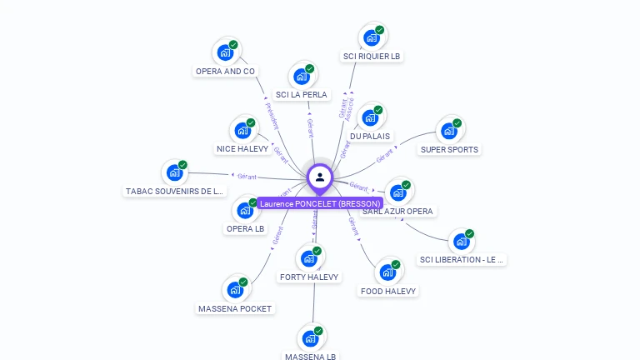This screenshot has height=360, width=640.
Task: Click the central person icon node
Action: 320,177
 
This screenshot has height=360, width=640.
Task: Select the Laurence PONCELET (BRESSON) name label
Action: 320,203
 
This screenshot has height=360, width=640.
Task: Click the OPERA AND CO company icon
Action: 225,52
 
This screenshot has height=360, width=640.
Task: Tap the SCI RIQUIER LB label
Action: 372,57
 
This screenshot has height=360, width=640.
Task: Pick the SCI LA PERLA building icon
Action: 302,76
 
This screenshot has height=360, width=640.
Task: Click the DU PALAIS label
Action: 370,136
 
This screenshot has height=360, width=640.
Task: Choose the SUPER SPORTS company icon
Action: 449,131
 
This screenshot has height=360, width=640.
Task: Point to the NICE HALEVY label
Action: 242,149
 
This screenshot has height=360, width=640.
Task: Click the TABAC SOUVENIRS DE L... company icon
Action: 174,172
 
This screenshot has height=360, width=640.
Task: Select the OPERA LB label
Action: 245,228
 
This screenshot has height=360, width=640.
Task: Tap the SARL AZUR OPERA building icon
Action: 398,192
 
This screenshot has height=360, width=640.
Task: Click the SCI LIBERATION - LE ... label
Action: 462,260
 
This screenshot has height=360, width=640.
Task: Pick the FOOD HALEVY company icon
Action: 387,272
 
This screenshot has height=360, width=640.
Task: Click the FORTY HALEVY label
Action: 309,277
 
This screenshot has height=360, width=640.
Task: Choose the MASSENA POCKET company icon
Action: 235,290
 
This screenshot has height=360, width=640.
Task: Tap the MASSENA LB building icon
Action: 310,338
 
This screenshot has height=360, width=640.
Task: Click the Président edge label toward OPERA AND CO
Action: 272,115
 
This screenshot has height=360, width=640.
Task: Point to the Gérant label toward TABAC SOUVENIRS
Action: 247,176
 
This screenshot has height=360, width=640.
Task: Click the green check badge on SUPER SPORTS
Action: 457,123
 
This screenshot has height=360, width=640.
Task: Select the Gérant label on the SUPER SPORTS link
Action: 385,155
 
